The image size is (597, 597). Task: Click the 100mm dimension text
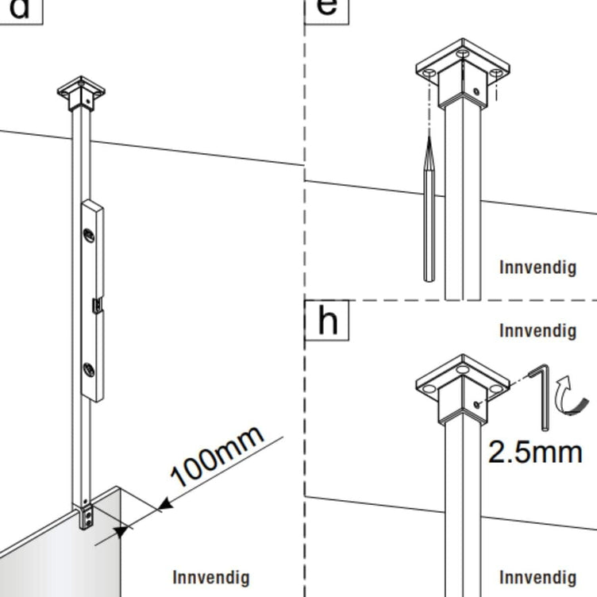217,456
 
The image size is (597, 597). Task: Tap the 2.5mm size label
535,453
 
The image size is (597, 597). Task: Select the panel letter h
327,320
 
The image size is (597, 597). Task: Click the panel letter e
326,7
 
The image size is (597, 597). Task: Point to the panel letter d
19,9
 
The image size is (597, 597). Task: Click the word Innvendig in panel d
211,578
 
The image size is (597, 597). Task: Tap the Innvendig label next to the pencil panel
537,268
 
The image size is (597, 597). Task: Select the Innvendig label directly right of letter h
537,330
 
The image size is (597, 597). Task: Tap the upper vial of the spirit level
89,236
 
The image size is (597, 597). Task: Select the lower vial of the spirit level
89,370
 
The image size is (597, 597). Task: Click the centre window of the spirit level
98,306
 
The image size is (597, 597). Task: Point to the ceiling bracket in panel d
81,94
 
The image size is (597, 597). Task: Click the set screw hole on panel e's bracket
476,91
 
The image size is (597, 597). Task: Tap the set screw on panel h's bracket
476,405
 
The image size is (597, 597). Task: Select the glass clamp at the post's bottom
87,517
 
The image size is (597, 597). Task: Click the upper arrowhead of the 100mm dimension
165,505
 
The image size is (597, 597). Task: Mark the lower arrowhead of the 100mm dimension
121,531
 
